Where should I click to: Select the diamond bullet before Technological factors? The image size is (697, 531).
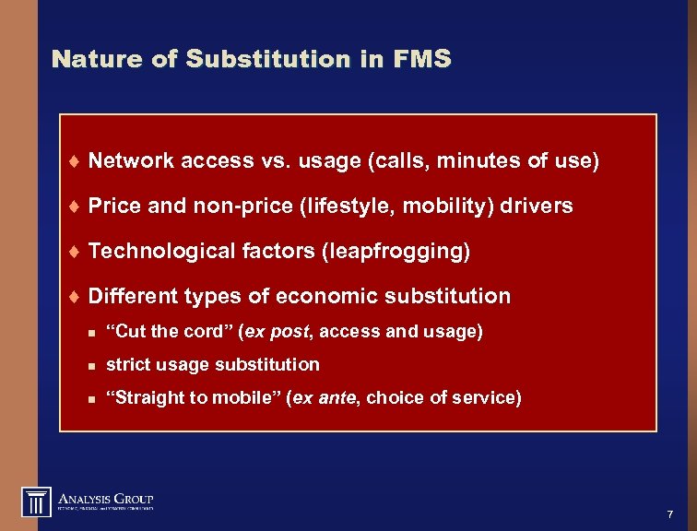pos(74,252)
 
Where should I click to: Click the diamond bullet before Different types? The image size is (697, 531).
pos(74,297)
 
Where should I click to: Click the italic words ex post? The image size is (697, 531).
pos(285,330)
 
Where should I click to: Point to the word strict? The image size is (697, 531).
pos(127,364)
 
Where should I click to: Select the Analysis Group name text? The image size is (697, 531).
pos(106,498)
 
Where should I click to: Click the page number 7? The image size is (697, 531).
pos(669,513)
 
